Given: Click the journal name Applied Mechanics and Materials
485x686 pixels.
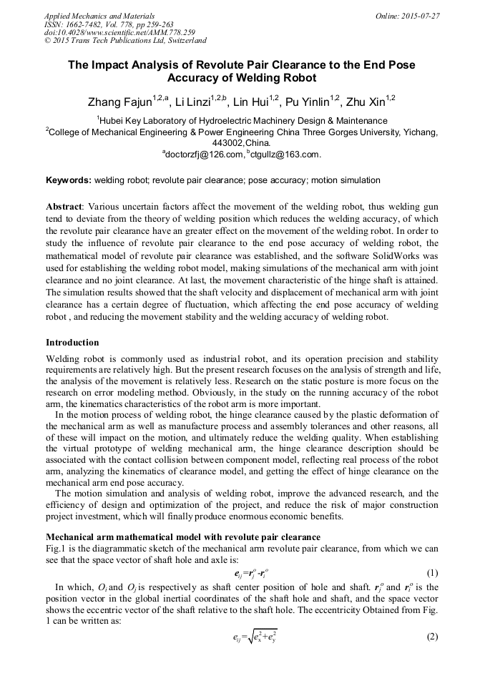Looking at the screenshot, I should coord(99,16).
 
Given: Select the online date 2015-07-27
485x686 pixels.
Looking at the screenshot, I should coord(418,16).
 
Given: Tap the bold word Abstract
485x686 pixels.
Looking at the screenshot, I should coord(64,207).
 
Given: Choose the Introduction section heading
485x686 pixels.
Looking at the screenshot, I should coord(72,343).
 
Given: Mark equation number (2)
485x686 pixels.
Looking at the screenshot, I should coord(431,637).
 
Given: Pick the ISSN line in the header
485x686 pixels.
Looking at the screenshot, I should coord(109,24).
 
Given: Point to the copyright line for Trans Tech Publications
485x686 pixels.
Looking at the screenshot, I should coord(125,41).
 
